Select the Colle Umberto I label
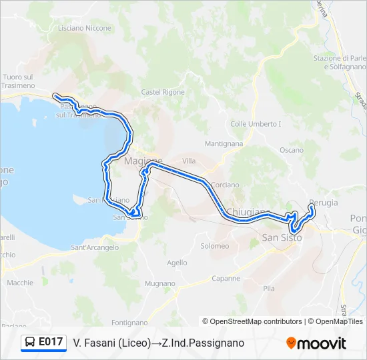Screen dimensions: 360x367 (x=256, y=124)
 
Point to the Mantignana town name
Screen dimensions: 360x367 (x=224, y=143)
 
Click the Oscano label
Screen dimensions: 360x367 (x=292, y=150)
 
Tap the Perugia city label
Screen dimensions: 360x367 (x=324, y=203)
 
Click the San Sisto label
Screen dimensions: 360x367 (x=282, y=237)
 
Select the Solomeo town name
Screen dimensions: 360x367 (x=214, y=246)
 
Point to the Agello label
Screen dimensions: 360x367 (x=177, y=263)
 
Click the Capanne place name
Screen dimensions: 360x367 (x=226, y=278)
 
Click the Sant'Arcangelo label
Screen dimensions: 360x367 (x=95, y=247)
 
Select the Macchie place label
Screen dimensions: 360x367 (x=20, y=283)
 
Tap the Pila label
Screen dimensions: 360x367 (x=269, y=289)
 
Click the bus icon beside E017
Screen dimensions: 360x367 (x=30, y=343)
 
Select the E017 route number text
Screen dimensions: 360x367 (x=51, y=343)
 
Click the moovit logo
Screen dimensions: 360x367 (x=316, y=343)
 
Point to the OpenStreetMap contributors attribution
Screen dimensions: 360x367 (x=252, y=321)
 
